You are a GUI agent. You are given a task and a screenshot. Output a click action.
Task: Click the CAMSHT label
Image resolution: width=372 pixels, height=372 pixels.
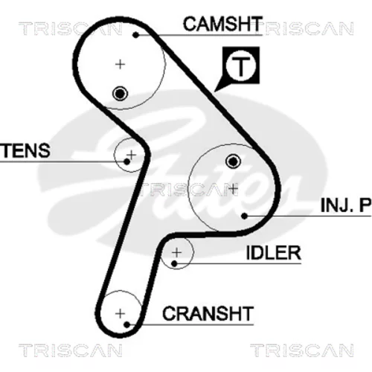pos(222,24)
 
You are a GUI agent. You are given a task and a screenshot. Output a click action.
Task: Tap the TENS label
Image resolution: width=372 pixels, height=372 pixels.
pos(25,150)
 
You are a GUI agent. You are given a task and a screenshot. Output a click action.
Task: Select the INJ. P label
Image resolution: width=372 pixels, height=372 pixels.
pos(346,205)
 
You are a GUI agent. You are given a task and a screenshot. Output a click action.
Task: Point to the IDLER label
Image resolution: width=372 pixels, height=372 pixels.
pos(274,253)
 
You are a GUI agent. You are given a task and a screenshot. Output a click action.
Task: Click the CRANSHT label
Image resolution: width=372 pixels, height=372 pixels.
pos(208,313)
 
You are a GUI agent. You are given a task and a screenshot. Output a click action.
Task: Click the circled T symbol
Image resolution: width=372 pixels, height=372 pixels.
pos(241,65)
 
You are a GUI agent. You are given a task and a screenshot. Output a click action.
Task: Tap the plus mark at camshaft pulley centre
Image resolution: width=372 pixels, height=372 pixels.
pos(121,65)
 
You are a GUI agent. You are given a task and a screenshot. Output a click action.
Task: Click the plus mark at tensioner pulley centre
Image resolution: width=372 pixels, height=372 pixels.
pos(132,155)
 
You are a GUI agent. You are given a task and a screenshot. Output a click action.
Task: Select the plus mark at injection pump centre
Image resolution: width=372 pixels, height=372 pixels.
pos(233,189)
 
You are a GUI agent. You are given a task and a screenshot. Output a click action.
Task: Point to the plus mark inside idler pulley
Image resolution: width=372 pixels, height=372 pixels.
pos(176,253)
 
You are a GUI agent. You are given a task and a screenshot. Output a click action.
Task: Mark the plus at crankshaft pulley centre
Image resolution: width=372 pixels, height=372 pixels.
pos(121,314)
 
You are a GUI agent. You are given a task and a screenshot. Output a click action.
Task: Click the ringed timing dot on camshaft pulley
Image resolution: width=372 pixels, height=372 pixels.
pos(120,94)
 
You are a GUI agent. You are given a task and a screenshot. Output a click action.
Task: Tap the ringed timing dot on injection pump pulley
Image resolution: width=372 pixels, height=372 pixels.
pos(233,161)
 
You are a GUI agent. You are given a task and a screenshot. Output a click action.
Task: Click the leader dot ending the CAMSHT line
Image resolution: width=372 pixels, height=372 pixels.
pos(135,35)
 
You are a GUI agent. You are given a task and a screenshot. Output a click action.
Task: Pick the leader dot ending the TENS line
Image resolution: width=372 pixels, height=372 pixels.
pos(126,162)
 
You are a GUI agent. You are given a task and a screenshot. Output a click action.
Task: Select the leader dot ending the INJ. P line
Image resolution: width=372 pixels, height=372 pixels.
pos(244,217)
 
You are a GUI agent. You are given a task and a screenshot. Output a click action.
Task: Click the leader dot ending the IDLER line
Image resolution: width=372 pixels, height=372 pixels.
pos(174,263)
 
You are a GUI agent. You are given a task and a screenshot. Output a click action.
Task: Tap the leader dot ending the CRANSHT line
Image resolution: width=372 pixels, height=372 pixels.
pos(126,324)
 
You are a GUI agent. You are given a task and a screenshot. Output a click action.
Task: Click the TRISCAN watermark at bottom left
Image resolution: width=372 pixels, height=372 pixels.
pos(70,350)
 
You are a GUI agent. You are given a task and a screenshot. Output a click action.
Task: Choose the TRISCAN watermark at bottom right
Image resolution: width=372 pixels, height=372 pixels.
pos(302,350)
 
